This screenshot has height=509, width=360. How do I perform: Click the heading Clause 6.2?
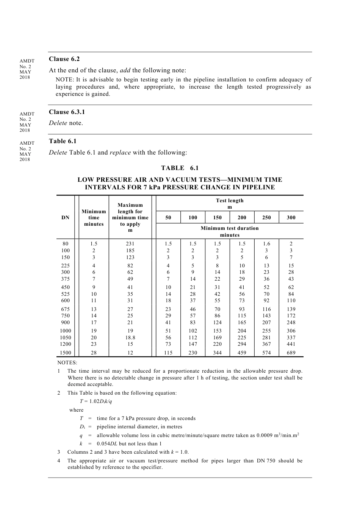click(x=64, y=59)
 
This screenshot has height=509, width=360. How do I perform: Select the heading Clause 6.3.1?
click(x=67, y=112)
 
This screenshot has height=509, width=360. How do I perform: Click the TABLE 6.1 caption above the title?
click(x=180, y=168)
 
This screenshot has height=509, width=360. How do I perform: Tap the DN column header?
click(x=66, y=218)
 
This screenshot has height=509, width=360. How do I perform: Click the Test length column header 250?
click(x=266, y=218)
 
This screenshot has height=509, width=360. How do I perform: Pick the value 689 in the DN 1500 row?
click(x=291, y=353)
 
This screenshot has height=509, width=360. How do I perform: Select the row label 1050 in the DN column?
click(x=66, y=338)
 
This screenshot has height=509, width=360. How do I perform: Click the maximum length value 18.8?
click(x=130, y=338)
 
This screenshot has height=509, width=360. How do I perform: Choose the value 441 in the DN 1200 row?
click(x=291, y=344)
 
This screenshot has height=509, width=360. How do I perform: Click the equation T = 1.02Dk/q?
click(x=96, y=401)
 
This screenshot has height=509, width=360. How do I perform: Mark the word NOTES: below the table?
click(x=67, y=363)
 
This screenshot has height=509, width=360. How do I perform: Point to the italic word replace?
click(x=120, y=153)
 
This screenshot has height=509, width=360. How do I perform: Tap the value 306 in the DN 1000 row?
click(x=291, y=331)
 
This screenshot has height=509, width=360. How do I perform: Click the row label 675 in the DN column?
click(x=66, y=309)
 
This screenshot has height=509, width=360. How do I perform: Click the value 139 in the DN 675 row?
click(x=291, y=309)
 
